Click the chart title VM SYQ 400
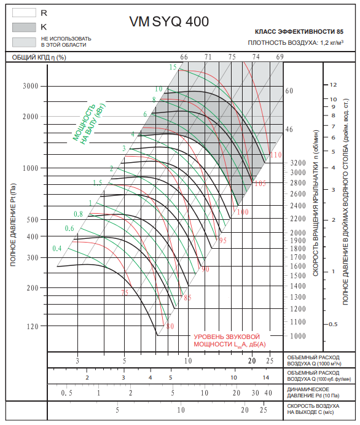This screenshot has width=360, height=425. point(169,21)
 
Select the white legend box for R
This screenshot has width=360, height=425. point(24,12)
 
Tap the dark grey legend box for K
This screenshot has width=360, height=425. point(24,27)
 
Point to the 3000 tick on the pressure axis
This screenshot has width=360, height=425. point(30,86)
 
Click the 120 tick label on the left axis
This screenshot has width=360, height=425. point(33,326)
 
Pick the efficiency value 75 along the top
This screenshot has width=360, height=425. point(232,57)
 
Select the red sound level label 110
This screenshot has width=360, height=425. point(276,155)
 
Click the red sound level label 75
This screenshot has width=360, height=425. point(125,292)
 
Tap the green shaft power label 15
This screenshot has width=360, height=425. point(173,67)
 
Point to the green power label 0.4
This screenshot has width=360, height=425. point(57,248)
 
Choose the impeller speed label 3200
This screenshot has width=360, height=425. point(298,163)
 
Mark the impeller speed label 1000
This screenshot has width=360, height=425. point(298,336)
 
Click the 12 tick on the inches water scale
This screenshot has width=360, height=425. point(333,85)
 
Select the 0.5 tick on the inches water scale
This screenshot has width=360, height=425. point(333,324)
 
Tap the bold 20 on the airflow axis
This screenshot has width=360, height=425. point(252,361)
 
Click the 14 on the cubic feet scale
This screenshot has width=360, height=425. point(265,377)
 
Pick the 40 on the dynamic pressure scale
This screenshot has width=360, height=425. point(268,392)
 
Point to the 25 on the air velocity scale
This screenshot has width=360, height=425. point(264,410)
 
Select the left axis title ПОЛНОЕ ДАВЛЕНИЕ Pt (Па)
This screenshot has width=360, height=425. point(13,225)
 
